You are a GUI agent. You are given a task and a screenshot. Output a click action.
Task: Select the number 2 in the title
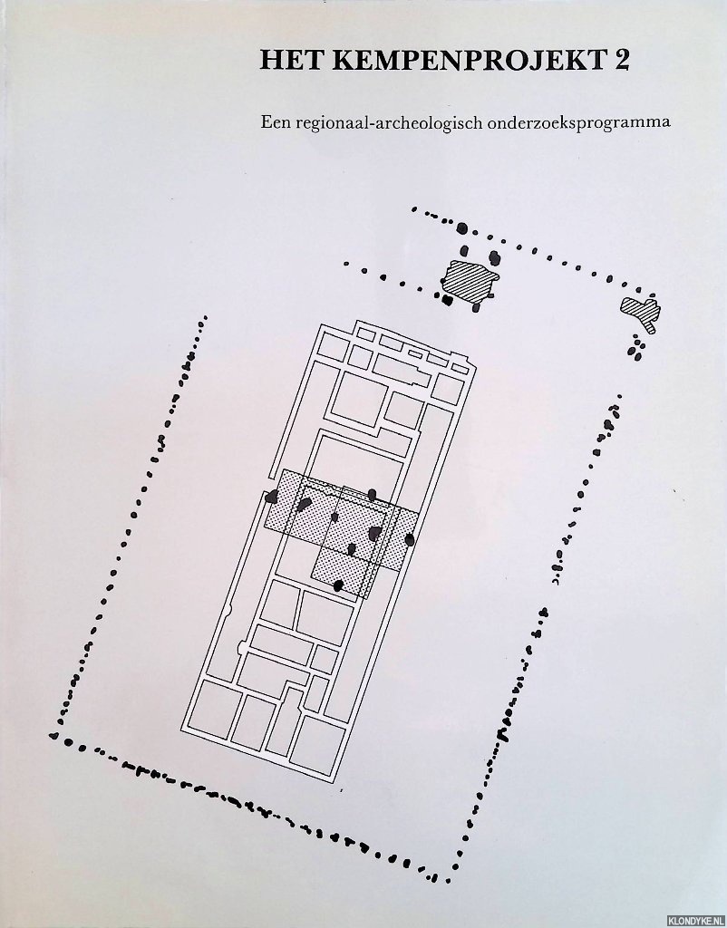622,61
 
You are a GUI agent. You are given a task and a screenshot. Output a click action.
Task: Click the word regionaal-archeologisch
385,123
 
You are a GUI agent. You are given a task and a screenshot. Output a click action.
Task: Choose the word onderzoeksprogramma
578,123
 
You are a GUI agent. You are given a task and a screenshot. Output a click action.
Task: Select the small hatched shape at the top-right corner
641,313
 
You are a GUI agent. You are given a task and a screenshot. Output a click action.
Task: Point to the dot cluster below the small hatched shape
637,348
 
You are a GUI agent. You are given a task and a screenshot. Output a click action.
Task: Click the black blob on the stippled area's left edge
272,497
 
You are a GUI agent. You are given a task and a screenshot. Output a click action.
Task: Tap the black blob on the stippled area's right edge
410,539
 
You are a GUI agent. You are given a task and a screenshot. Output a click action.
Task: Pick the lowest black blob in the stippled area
338,585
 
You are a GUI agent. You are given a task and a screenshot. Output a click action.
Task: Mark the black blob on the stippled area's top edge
372,495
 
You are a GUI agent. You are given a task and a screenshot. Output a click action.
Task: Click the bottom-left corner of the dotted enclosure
53,736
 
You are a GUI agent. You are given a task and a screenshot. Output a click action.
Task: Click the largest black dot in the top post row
462,227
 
